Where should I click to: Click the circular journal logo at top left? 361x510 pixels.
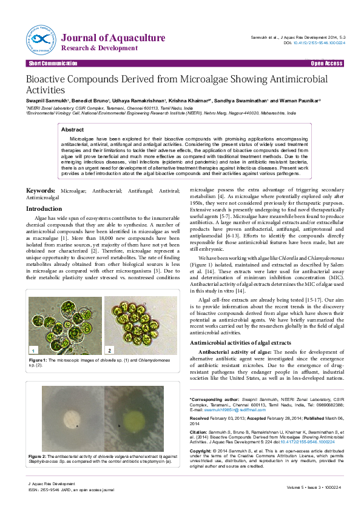click(x=41, y=38)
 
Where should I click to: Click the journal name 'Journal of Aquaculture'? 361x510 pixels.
click(x=113, y=38)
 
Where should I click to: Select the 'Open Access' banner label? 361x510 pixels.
click(x=326, y=64)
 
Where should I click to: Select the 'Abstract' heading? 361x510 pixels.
click(x=73, y=130)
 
